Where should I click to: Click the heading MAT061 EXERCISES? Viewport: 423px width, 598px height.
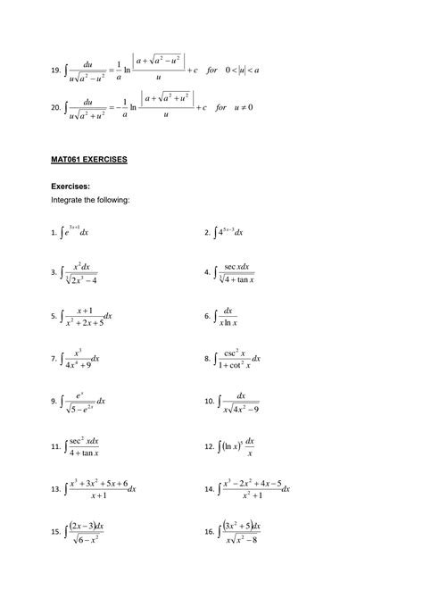88,159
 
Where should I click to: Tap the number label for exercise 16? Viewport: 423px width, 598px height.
209,532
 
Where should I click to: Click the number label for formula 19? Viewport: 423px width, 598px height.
55,71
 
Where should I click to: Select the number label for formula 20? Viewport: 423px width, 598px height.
55,107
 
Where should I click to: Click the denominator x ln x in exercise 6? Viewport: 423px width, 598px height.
236,322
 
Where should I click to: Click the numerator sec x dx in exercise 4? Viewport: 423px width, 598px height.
237,266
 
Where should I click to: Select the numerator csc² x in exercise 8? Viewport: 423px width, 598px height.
237,353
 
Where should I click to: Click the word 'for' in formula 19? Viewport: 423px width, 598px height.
211,71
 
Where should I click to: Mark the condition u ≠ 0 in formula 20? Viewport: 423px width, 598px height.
242,107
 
